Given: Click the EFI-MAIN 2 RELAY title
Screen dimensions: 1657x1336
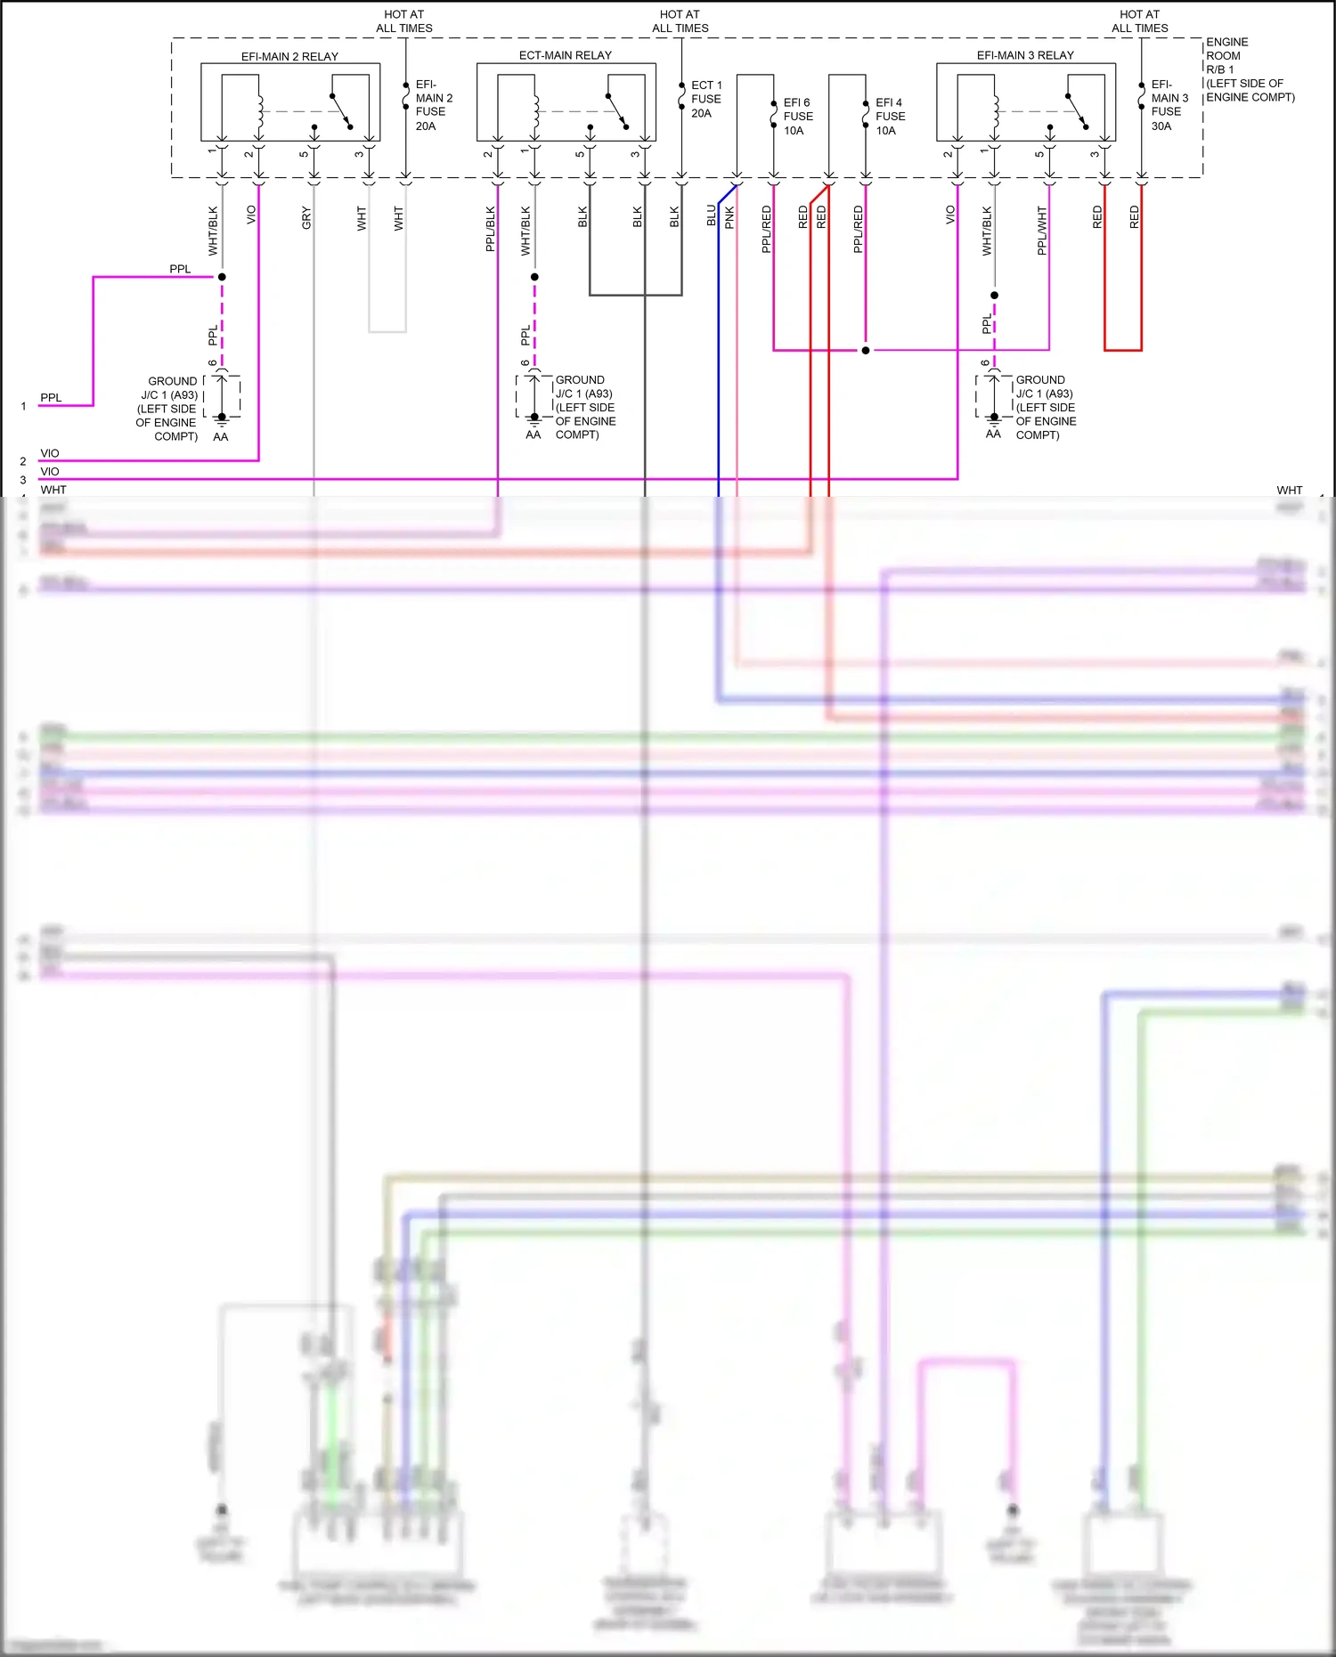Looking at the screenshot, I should click(x=289, y=56).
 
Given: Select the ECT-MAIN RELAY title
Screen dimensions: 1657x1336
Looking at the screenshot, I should click(x=566, y=55).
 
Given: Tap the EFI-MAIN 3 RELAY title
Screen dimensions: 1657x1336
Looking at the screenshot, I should click(x=1025, y=55).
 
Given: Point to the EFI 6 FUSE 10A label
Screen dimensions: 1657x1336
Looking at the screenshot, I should click(x=798, y=117).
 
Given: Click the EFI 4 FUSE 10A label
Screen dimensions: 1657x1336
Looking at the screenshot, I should click(x=890, y=117).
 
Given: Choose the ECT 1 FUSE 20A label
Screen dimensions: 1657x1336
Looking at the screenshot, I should click(x=706, y=100).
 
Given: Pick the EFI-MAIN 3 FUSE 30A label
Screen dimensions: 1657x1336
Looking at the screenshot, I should click(x=1169, y=105).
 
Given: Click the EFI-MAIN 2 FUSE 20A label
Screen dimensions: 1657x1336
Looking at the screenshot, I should click(x=434, y=105).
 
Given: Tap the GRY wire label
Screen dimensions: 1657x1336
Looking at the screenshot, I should click(x=306, y=218).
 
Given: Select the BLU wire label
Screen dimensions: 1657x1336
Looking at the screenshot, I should click(x=712, y=215).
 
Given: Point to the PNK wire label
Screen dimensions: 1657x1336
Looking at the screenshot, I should click(x=729, y=218).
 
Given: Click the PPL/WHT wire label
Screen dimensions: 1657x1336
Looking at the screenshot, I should click(x=1042, y=231).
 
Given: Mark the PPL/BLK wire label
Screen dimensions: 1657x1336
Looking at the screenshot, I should click(x=491, y=229).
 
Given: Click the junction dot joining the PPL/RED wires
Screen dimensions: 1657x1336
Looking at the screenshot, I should click(x=865, y=350).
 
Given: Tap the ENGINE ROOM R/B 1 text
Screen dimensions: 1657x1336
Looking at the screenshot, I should click(x=1227, y=55).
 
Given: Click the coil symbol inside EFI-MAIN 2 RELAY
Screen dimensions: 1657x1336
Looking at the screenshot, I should click(x=260, y=111).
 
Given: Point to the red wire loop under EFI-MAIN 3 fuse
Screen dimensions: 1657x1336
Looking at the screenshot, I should click(x=1122, y=350).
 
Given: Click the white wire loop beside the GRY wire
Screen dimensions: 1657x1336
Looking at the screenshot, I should click(x=387, y=331).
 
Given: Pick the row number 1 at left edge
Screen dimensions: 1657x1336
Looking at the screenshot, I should click(x=23, y=406).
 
